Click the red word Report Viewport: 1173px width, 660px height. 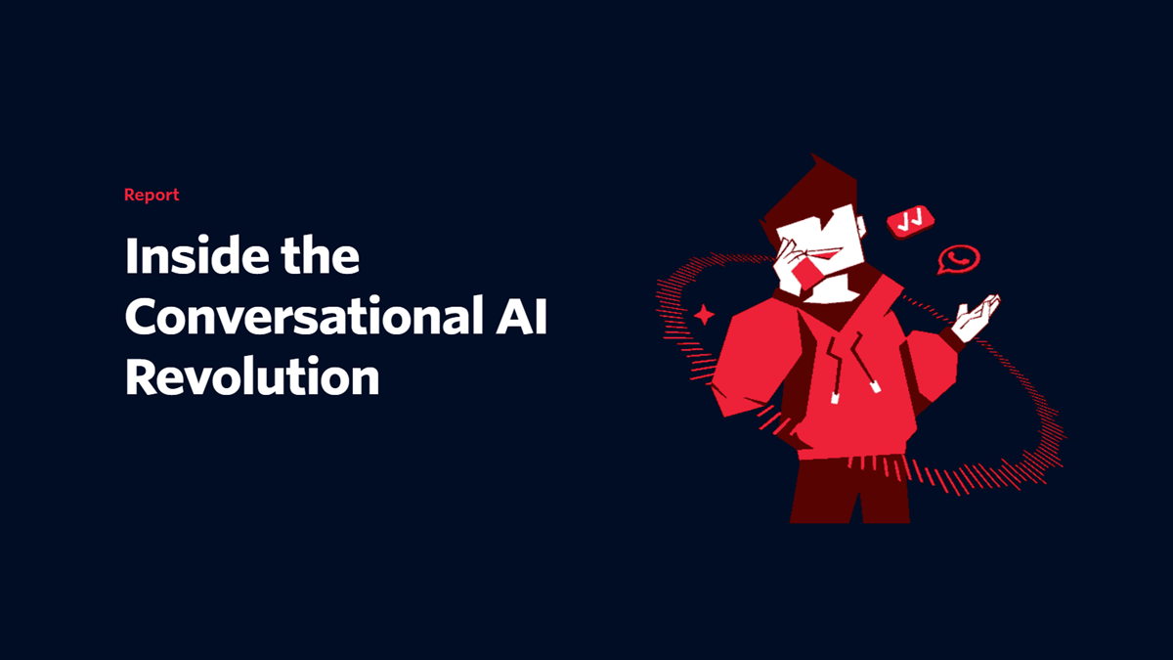click(x=152, y=195)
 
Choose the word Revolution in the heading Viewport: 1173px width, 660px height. click(x=252, y=376)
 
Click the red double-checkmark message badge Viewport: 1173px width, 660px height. click(x=910, y=222)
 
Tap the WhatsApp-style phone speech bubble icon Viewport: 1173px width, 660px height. click(x=959, y=259)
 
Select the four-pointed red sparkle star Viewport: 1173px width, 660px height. click(x=704, y=315)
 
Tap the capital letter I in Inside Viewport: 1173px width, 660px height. click(x=132, y=257)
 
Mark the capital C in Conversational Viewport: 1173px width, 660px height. click(x=144, y=318)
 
